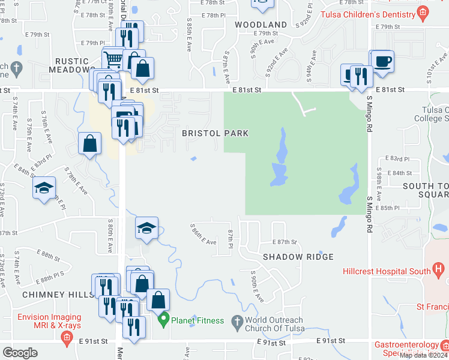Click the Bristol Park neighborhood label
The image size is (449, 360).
point(215,133)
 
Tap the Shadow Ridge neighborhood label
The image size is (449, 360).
point(298,257)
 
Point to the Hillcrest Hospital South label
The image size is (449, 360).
point(387,271)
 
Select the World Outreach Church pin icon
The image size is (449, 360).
point(237,320)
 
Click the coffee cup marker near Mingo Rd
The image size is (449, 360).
point(382,61)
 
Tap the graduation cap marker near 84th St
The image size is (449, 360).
point(44,188)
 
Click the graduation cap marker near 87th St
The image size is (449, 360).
point(146,228)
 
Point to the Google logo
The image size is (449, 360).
point(20,353)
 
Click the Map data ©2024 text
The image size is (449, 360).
point(423,355)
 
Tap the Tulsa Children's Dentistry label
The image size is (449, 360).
point(369,13)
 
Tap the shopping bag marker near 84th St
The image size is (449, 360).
point(89,144)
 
